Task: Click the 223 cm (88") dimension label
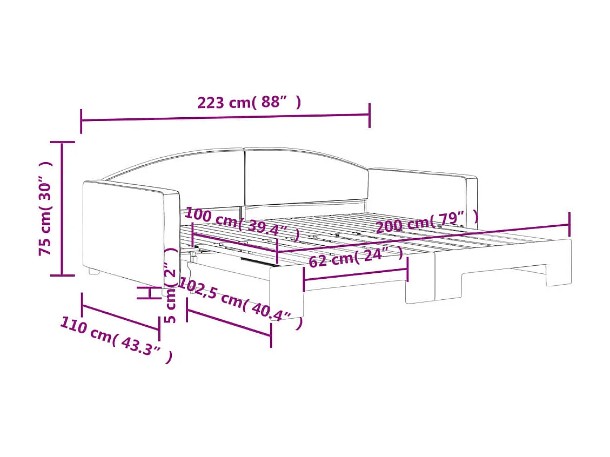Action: [x=249, y=102]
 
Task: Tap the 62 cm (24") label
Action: [x=356, y=257]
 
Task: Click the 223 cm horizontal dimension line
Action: [x=225, y=117]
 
